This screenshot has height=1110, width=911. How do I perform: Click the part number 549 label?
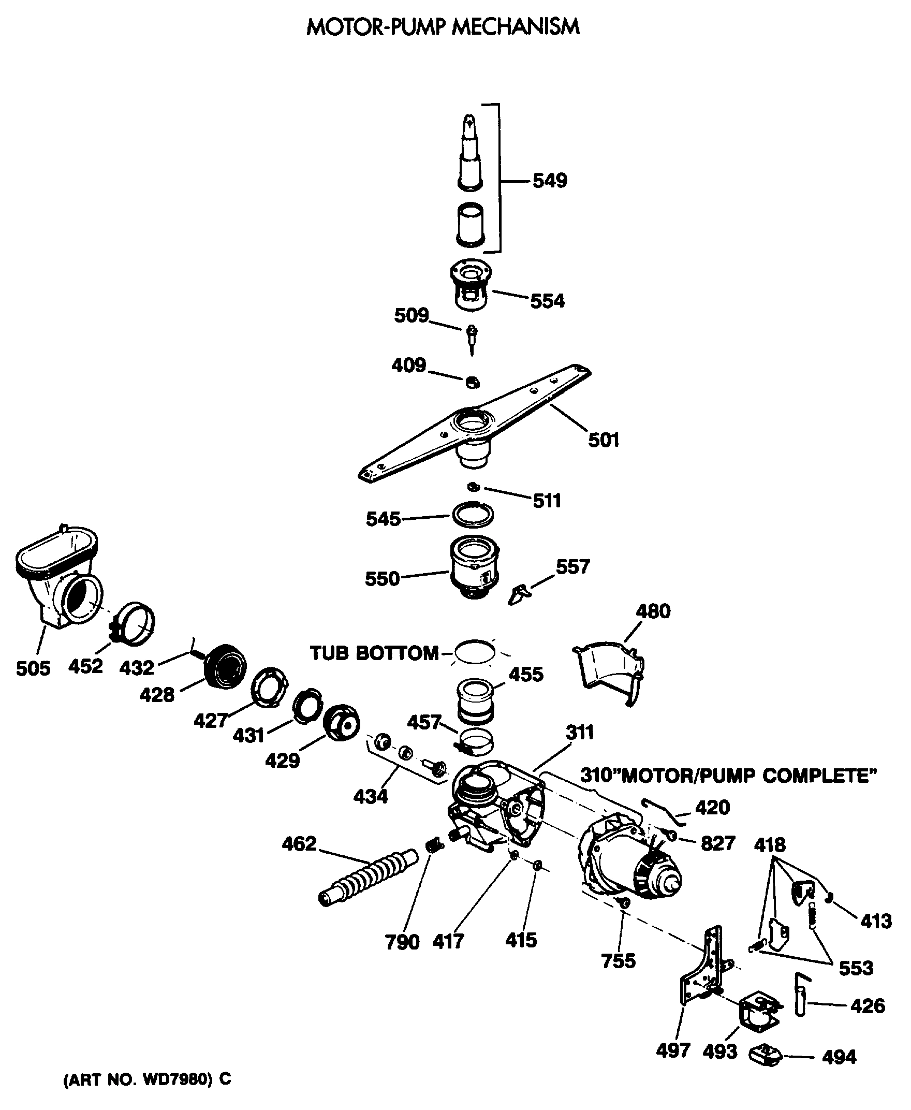549,181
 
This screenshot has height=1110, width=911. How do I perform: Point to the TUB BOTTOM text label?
374,653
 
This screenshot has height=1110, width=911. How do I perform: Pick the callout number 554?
547,301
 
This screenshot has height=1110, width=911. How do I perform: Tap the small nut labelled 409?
472,382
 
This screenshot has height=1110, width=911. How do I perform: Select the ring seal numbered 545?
473,515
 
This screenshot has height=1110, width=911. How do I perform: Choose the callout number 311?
579,732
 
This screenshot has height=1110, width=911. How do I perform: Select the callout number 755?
619,960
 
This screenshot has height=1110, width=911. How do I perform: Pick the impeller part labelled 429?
342,723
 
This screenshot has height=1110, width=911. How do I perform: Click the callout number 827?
717,843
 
